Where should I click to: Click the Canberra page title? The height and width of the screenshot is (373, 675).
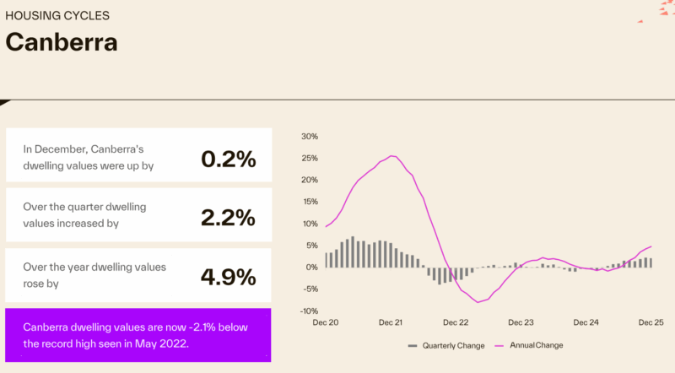point(62,42)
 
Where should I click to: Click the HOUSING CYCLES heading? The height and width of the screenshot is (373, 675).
point(57,15)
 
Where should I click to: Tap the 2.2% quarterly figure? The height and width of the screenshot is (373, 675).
point(228,217)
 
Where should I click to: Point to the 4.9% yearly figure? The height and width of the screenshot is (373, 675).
point(228,277)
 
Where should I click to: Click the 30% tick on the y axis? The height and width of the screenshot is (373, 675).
point(309,137)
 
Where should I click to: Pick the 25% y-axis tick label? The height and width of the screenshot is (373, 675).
point(309,159)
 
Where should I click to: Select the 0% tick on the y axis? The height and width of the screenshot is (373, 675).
point(311,267)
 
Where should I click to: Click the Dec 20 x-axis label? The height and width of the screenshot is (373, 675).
point(325,322)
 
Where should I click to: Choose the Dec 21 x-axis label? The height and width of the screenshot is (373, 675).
point(391,322)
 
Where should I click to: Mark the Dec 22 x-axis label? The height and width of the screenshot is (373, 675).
point(456,322)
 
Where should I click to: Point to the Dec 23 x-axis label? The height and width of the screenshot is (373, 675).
point(521,322)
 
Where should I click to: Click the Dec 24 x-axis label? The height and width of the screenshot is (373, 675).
point(586,322)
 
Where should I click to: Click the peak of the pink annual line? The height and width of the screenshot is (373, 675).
point(392,155)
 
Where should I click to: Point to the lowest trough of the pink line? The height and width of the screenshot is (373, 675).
point(478,302)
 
